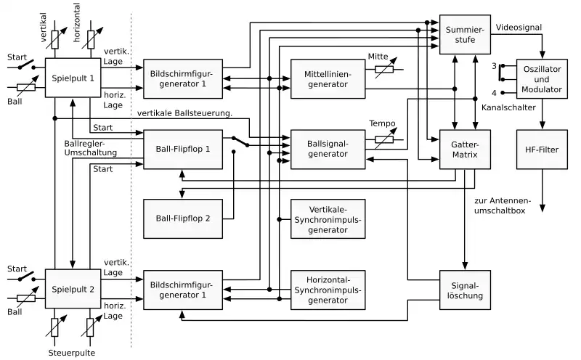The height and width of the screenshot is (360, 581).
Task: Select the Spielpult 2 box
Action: (73, 290)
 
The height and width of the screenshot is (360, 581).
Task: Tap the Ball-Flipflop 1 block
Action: (183, 150)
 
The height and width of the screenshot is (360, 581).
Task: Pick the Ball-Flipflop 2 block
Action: (183, 218)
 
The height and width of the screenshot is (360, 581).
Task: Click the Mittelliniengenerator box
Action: (327, 79)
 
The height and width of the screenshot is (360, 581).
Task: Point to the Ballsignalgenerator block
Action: (327, 149)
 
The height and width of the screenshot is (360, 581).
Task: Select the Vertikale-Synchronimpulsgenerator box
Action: (327, 218)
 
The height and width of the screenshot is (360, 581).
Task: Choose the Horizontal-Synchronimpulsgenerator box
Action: (327, 290)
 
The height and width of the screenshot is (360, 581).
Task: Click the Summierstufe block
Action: (466, 33)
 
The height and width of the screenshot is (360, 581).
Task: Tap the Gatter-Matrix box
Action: (466, 150)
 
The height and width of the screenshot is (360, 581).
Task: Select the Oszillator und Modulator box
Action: (542, 79)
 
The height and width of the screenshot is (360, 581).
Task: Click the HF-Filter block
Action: (542, 149)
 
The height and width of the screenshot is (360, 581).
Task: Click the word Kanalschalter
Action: (509, 107)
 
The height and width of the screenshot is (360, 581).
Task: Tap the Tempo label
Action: (381, 123)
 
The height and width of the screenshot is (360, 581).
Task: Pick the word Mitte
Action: (378, 56)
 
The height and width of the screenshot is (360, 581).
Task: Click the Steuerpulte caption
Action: (73, 353)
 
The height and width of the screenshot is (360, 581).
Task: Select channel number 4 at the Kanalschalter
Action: (494, 93)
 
